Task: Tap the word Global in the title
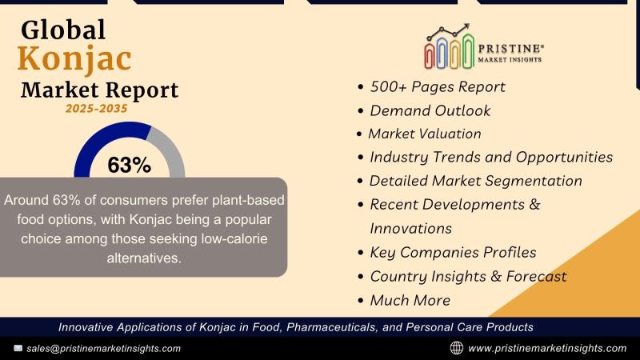[63, 30]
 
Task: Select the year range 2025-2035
[96, 109]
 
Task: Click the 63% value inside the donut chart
[130, 166]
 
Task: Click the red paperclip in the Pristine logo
[430, 54]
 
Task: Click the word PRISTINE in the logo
[510, 49]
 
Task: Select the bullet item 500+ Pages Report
[437, 87]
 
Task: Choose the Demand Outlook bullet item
[430, 110]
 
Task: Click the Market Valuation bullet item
[425, 134]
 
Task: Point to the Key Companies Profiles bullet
[453, 253]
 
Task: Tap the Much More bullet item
[410, 301]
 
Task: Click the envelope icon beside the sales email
[18, 348]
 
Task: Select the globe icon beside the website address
[456, 348]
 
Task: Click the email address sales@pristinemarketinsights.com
[104, 349]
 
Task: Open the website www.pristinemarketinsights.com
[547, 349]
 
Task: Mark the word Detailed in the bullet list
[398, 181]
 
